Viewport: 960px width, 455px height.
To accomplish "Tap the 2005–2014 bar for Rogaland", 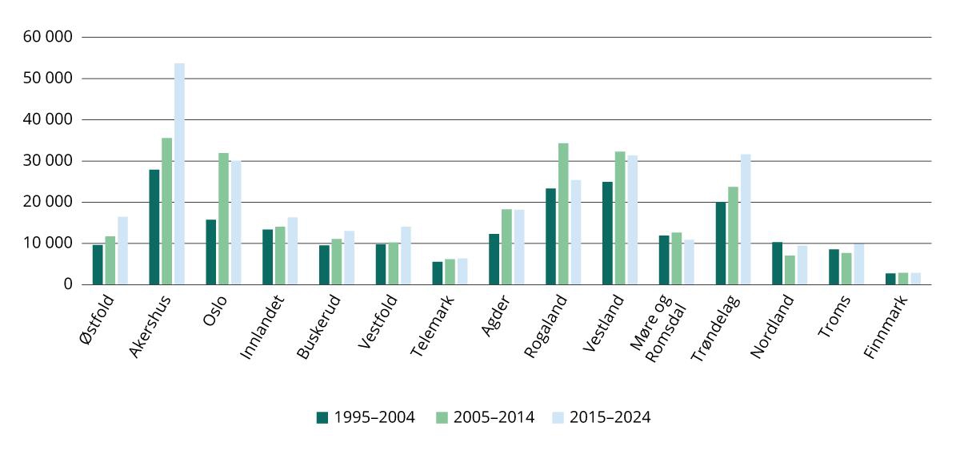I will click(x=563, y=214).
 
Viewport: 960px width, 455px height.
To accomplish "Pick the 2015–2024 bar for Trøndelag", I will click(x=746, y=219).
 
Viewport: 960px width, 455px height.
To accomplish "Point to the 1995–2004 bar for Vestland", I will click(x=608, y=233).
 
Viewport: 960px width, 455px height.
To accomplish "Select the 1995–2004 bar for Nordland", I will click(x=778, y=264).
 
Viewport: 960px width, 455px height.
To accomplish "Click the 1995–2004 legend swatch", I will click(x=322, y=417).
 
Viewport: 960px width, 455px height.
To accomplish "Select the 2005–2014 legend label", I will click(x=493, y=417).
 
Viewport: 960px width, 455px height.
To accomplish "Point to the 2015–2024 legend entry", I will click(x=601, y=417).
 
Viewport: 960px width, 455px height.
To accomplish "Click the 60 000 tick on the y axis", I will click(x=48, y=37).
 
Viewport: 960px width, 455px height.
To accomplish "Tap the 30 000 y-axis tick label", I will click(x=48, y=161).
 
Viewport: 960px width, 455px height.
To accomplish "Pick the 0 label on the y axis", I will click(x=67, y=284).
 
